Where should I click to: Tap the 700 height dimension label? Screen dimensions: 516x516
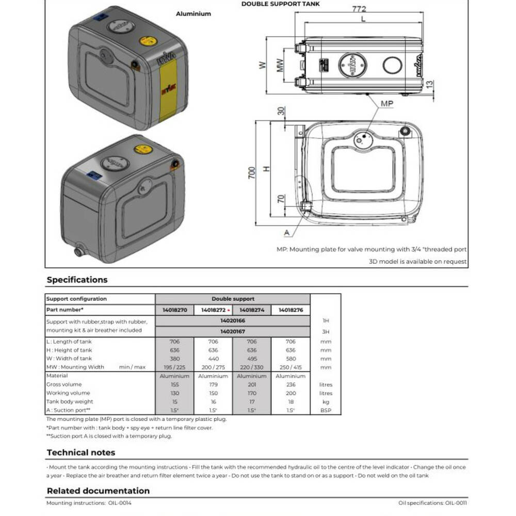[252, 172]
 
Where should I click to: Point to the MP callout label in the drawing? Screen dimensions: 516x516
[386, 104]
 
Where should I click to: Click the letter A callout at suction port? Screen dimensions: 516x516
[286, 233]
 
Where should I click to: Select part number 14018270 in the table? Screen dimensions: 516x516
[174, 310]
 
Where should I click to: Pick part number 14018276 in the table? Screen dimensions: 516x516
[291, 310]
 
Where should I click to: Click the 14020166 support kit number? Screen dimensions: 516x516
[232, 320]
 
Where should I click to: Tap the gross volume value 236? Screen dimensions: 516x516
[291, 384]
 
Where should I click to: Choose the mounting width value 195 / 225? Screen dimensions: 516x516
[174, 367]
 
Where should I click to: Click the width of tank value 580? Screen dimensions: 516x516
[291, 359]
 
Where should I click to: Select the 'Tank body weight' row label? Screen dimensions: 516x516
[70, 401]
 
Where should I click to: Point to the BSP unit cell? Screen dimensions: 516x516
[326, 410]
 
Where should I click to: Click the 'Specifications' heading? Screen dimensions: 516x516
[77, 280]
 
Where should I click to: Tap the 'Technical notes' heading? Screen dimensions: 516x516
[80, 453]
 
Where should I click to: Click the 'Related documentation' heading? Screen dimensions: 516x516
[98, 491]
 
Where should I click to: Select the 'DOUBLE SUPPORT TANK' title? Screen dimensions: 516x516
[280, 4]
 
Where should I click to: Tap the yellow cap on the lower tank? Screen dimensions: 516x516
[143, 149]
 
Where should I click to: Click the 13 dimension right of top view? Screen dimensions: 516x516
[430, 83]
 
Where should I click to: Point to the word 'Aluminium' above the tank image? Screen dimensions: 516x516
[193, 14]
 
